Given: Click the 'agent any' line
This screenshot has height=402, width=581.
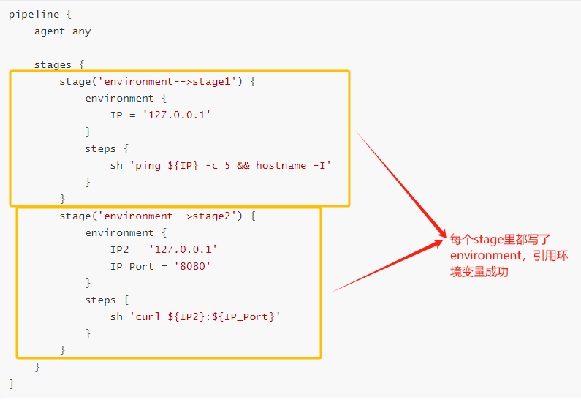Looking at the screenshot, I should (62, 31).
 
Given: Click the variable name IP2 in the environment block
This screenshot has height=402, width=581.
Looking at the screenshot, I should (119, 249).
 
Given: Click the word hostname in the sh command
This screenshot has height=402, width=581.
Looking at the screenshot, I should (281, 165).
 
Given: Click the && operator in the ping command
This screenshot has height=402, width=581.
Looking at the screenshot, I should (243, 165).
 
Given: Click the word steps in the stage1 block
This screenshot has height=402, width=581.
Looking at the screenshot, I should (100, 148).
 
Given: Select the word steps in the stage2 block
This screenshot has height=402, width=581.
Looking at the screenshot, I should (100, 300).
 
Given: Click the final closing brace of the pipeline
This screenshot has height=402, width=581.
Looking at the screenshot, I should (12, 384).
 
